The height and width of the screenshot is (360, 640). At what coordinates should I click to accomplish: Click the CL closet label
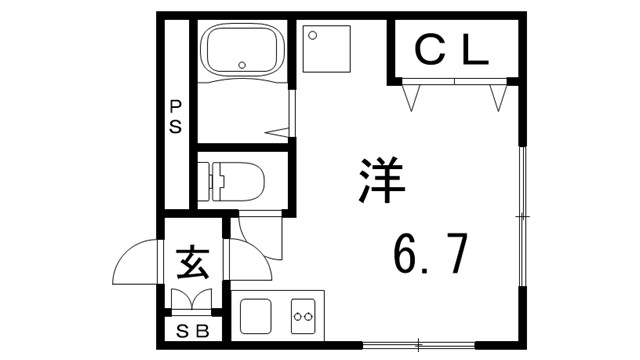[452, 50]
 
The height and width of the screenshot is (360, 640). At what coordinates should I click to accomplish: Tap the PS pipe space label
[176, 117]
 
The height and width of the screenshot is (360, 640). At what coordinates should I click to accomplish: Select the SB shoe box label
[192, 332]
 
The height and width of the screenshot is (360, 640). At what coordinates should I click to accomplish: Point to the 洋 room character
[379, 180]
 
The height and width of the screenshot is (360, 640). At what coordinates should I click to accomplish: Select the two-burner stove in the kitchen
[303, 316]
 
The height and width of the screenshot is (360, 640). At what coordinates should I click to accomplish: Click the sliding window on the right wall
[521, 214]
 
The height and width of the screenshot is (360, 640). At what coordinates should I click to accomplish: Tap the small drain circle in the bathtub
[243, 66]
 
